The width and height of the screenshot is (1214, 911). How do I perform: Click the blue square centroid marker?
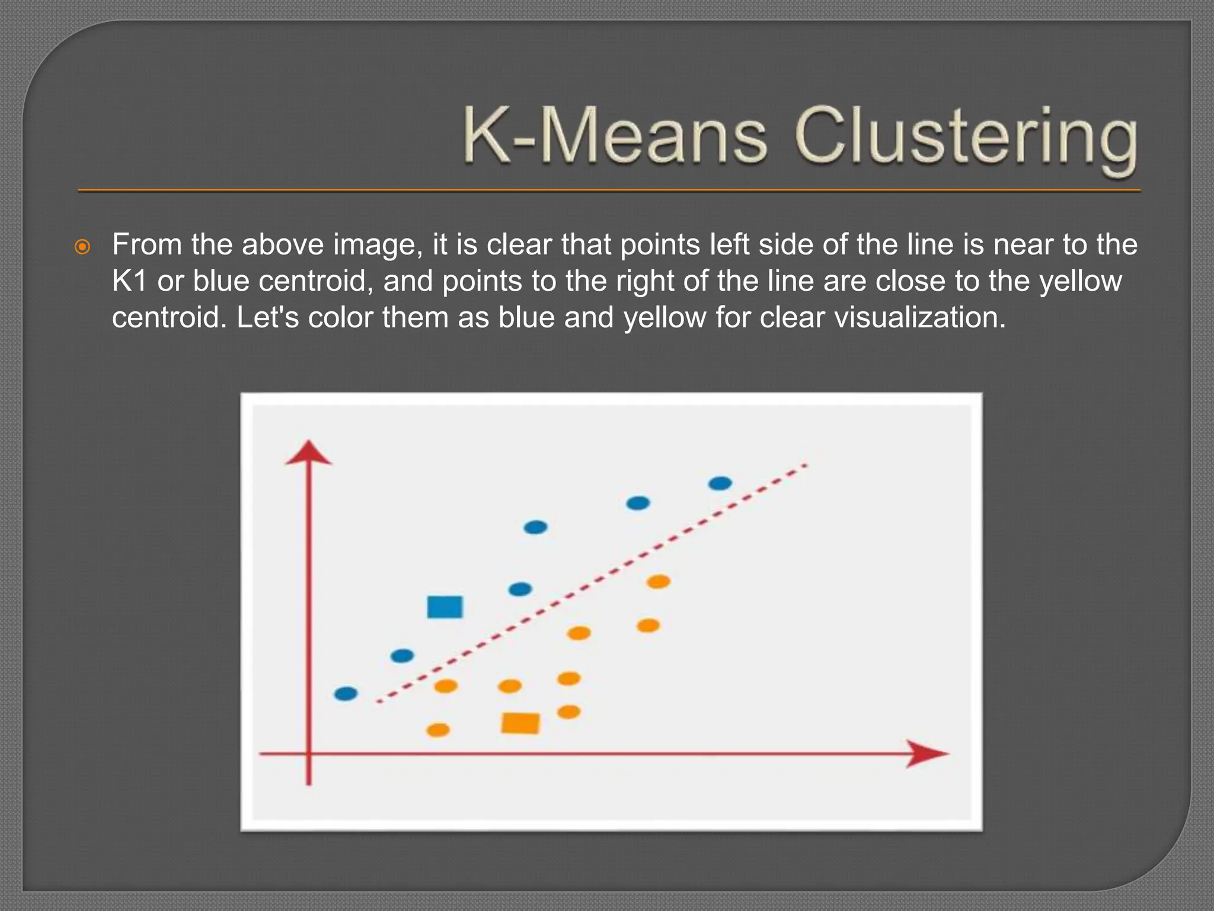click(x=445, y=607)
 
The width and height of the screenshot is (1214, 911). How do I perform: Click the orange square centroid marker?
click(x=520, y=723)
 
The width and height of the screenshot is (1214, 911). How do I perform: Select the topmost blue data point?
click(x=720, y=483)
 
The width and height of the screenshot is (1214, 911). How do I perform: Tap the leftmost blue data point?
click(x=346, y=693)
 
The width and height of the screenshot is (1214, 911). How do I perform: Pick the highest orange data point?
click(x=658, y=581)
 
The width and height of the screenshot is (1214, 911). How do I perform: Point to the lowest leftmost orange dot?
click(x=438, y=730)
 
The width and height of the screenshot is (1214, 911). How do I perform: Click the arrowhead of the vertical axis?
click(x=308, y=453)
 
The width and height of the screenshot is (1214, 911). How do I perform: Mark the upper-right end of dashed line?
click(x=805, y=466)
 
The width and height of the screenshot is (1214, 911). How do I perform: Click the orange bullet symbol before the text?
click(x=82, y=247)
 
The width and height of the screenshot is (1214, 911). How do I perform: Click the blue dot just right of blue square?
click(x=520, y=589)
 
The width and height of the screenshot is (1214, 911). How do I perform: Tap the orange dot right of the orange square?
click(x=569, y=711)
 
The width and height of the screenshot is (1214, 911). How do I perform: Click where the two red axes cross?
click(x=308, y=754)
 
